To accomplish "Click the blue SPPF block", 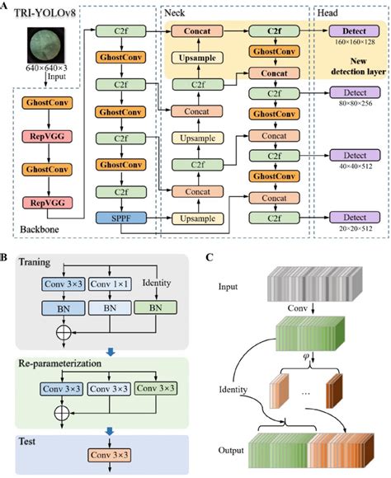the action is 121,218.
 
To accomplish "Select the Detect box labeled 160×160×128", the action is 354,31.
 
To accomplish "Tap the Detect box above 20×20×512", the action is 355,218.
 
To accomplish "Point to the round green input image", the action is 46,45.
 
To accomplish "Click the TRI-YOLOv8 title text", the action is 45,13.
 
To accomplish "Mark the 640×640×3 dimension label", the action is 46,68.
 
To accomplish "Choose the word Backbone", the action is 40,229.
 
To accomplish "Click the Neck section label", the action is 175,13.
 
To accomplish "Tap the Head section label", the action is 327,13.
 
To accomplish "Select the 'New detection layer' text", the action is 358,67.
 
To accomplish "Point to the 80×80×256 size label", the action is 356,103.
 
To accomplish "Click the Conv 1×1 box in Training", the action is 110,284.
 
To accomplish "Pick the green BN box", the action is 156,308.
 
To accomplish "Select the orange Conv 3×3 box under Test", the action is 109,455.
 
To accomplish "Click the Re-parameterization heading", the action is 60,363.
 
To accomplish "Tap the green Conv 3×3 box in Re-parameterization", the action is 156,388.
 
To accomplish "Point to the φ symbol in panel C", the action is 306,355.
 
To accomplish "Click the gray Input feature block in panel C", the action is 314,284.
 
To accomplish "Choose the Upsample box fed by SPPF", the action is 197,218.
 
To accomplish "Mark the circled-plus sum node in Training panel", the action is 64,332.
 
